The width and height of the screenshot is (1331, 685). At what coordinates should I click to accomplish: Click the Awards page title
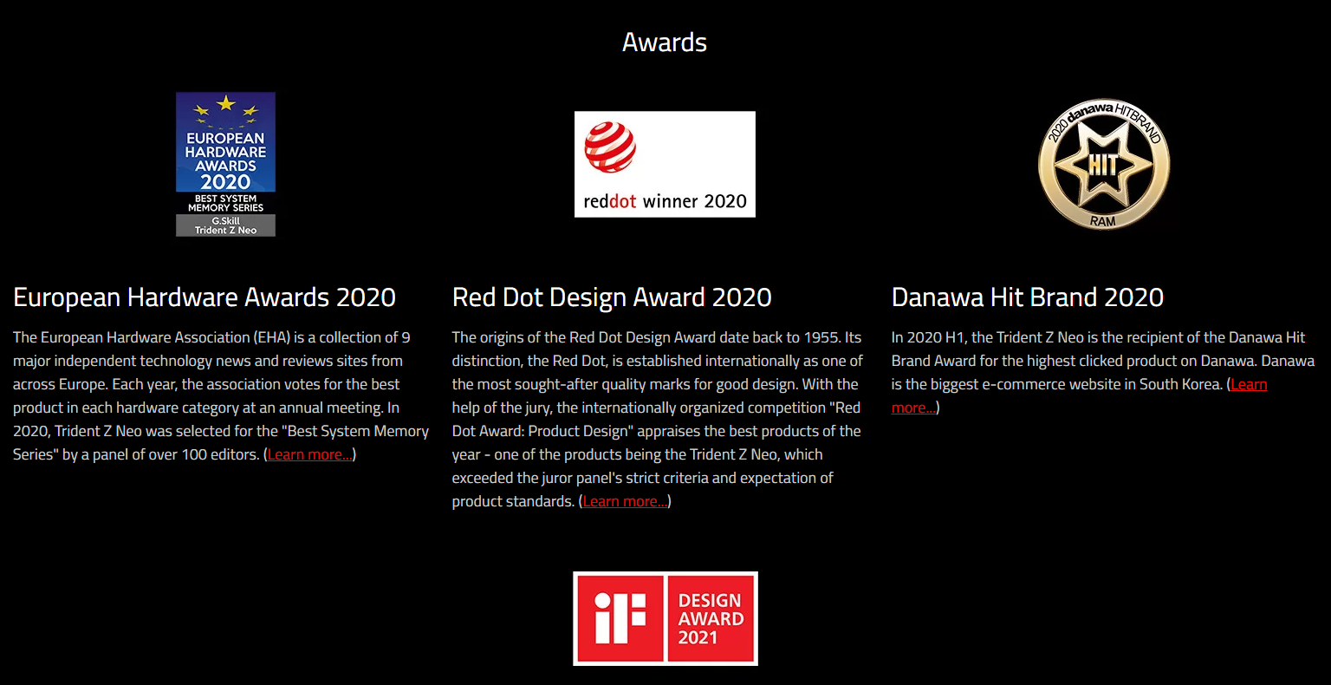coord(665,42)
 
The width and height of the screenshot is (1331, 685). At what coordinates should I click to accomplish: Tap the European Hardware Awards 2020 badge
coord(226,164)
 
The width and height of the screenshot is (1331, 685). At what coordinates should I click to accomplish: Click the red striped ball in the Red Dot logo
coord(610,147)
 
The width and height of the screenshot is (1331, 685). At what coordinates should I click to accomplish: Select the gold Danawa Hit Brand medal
coord(1103,164)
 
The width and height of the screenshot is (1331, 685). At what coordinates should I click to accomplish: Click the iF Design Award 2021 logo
coord(665,618)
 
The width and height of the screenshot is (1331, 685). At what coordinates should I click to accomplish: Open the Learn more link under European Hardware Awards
coord(309,454)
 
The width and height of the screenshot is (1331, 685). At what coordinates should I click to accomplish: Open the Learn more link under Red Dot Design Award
coord(625,501)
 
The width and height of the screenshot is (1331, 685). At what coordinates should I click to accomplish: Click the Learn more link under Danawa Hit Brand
coord(1079,396)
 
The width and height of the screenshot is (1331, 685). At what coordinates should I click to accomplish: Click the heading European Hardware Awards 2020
coord(205,297)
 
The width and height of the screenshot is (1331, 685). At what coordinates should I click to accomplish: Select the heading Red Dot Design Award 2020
coord(612,297)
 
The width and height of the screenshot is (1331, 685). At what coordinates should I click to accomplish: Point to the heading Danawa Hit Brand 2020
coord(1028,297)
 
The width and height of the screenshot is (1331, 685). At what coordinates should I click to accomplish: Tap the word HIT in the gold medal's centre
coord(1103,165)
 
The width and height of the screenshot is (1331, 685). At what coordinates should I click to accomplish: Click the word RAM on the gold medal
coord(1103,221)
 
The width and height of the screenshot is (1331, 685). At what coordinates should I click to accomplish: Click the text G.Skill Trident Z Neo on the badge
coord(226,225)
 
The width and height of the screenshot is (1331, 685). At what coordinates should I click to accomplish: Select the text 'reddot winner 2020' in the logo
coord(665,201)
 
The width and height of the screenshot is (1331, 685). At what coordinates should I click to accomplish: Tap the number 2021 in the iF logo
coord(698,637)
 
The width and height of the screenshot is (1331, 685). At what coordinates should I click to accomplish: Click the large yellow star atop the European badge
coord(226,103)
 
